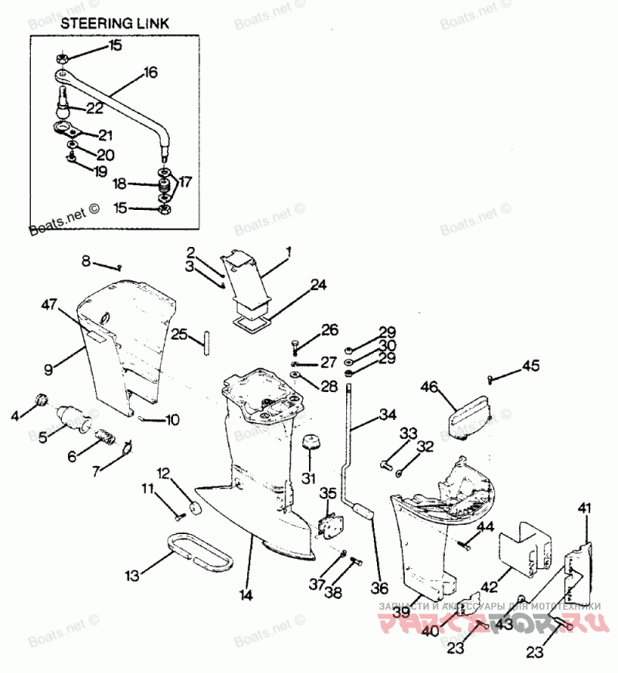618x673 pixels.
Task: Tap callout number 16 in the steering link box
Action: [150, 73]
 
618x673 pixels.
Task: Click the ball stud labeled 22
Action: [63, 101]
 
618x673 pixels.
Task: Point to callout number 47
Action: [49, 306]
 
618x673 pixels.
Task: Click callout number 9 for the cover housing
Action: [48, 369]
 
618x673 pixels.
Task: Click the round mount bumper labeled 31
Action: [310, 446]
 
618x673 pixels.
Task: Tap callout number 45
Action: [531, 365]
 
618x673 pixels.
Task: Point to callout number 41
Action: [584, 507]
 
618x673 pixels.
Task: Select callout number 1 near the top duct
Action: [288, 252]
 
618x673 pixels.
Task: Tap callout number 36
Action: [379, 587]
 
